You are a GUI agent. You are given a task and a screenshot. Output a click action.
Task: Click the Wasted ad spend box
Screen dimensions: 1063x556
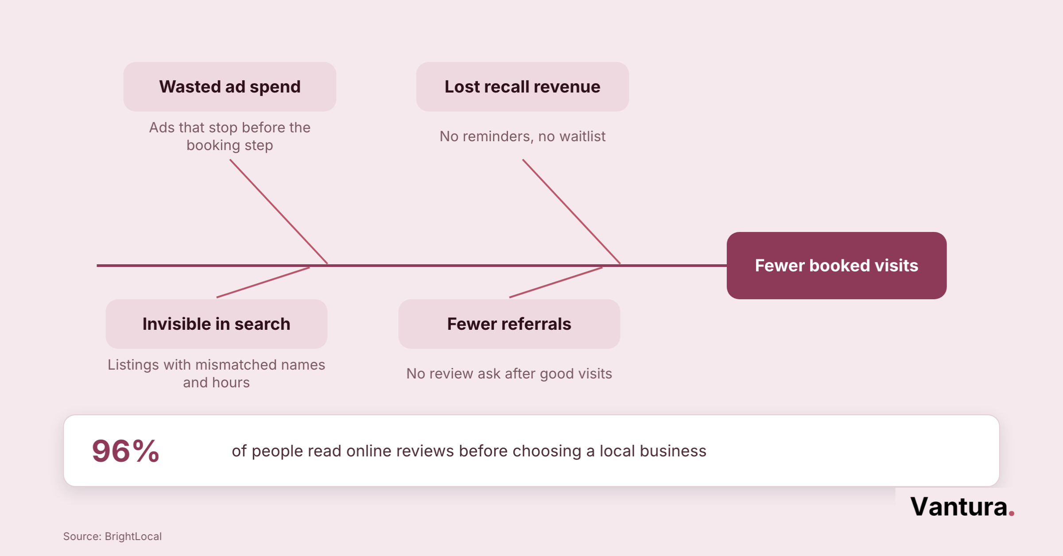[230, 87]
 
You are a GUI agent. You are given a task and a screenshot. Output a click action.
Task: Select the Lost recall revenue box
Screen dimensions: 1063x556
[523, 87]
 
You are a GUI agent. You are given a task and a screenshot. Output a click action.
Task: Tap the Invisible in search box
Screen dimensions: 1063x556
[217, 324]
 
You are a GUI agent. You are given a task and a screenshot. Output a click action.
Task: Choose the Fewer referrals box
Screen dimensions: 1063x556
[509, 324]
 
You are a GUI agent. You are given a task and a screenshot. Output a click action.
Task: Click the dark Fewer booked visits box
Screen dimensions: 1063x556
[837, 266]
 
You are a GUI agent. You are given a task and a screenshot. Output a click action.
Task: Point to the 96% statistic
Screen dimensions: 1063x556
[126, 451]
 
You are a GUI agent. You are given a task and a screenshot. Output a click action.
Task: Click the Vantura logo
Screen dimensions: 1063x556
[962, 506]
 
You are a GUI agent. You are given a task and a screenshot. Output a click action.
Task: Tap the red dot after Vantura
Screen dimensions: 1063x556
[1012, 514]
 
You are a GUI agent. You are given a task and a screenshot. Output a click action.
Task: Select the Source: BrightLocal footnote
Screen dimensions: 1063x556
[113, 537]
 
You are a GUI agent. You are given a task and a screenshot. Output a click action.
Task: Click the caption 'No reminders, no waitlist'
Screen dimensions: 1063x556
[523, 136]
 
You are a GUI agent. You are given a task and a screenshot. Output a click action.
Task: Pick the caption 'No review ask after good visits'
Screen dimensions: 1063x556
[509, 374]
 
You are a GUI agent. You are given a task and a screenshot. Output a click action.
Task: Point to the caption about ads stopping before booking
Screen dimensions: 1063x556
[230, 136]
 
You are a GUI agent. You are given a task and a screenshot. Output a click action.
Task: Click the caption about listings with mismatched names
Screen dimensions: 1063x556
[217, 374]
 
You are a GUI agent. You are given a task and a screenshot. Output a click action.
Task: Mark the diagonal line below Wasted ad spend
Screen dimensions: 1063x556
[279, 212]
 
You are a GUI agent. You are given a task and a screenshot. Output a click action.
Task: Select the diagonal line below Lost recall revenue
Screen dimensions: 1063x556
[571, 212]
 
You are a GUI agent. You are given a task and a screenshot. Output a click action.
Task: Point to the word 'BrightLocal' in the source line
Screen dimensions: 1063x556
[133, 537]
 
